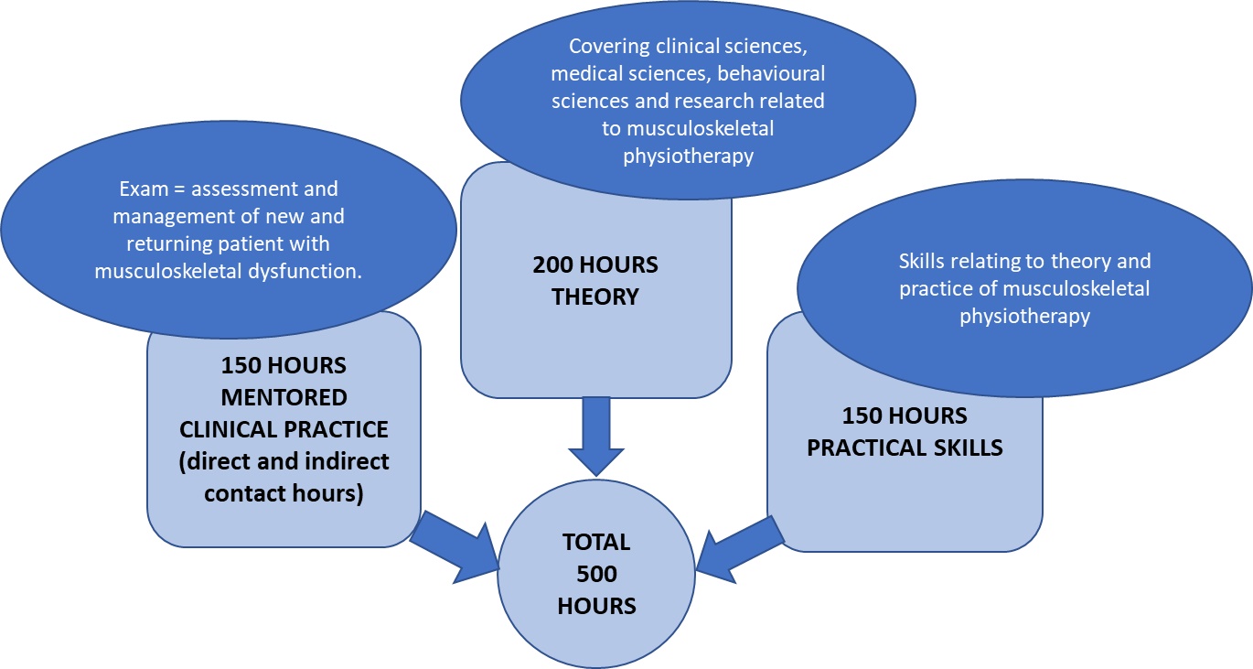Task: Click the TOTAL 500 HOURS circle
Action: click(596, 574)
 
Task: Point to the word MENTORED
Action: click(284, 398)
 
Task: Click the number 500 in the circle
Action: click(596, 574)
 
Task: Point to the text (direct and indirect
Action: click(284, 461)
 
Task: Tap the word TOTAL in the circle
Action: click(596, 542)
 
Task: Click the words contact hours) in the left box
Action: click(284, 492)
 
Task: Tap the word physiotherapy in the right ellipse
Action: click(1024, 316)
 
